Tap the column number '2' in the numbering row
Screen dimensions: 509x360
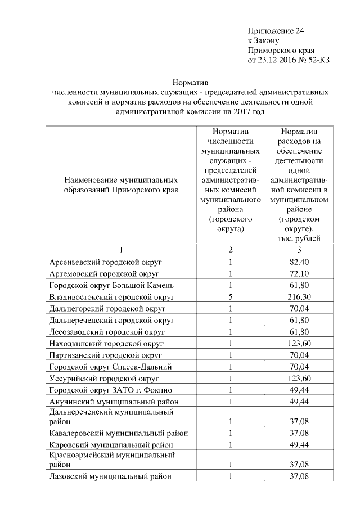click(x=230, y=249)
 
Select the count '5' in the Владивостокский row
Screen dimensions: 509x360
click(x=230, y=296)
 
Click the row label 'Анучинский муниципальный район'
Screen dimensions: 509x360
click(x=114, y=402)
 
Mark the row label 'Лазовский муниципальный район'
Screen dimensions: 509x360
click(x=110, y=476)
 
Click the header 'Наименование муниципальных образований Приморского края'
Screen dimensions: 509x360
click(x=121, y=185)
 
